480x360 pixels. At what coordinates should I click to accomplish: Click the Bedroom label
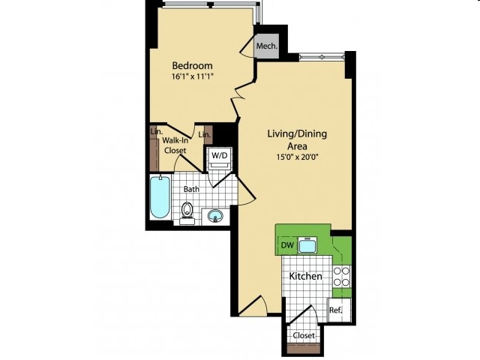click(x=192, y=65)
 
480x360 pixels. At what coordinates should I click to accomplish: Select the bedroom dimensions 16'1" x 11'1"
click(x=192, y=76)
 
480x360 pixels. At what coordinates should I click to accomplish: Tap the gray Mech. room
click(x=268, y=46)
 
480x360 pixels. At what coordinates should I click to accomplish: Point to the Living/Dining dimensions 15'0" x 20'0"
click(x=297, y=157)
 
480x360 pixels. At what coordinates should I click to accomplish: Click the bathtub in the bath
click(x=160, y=196)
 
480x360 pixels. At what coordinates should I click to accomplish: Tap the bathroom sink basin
click(x=215, y=217)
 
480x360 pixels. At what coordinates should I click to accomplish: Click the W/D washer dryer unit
click(x=220, y=160)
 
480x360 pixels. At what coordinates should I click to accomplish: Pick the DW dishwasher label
click(x=287, y=245)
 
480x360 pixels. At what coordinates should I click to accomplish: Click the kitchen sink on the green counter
click(x=307, y=244)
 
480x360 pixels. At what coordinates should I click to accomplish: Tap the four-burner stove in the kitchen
click(x=341, y=277)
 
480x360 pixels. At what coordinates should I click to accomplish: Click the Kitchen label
click(x=305, y=276)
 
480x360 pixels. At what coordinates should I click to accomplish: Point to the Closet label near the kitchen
click(x=304, y=335)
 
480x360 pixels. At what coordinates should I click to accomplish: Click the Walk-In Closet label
click(x=175, y=145)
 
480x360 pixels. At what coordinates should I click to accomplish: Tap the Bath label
click(x=191, y=189)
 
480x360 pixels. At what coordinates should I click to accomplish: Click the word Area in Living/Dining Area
click(x=297, y=146)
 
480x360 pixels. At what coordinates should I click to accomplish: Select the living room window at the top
click(x=322, y=57)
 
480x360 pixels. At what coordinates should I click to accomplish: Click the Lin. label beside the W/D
click(x=204, y=134)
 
